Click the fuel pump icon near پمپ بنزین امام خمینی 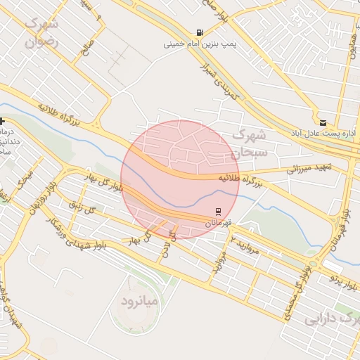pos(200,32)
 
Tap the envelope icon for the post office pos(323,122)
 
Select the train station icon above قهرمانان pos(219,211)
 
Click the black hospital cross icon pos(3,122)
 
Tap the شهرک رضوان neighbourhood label pos(43,32)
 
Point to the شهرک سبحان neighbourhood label pos(249,142)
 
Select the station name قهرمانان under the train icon pos(219,222)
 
